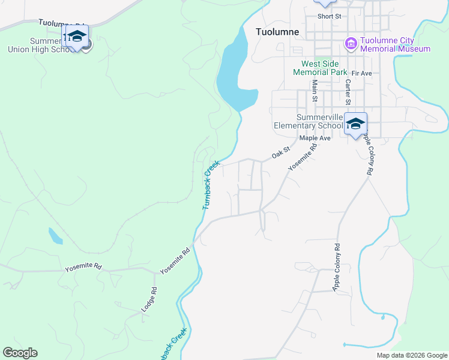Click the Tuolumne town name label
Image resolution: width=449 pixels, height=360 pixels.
277,32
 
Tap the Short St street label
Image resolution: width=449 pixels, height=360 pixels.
330,16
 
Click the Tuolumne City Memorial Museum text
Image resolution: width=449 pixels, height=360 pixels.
395,44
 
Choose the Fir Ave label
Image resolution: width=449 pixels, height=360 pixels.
362,73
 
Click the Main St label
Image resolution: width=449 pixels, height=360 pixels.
314,93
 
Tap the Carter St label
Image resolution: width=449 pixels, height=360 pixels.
347,93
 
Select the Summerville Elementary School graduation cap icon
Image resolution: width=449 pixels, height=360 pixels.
355,124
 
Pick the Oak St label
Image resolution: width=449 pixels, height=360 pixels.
280,153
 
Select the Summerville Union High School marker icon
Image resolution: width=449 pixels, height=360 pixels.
77,37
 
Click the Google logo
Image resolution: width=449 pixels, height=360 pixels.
20,353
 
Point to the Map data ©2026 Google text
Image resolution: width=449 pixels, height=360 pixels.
411,355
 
